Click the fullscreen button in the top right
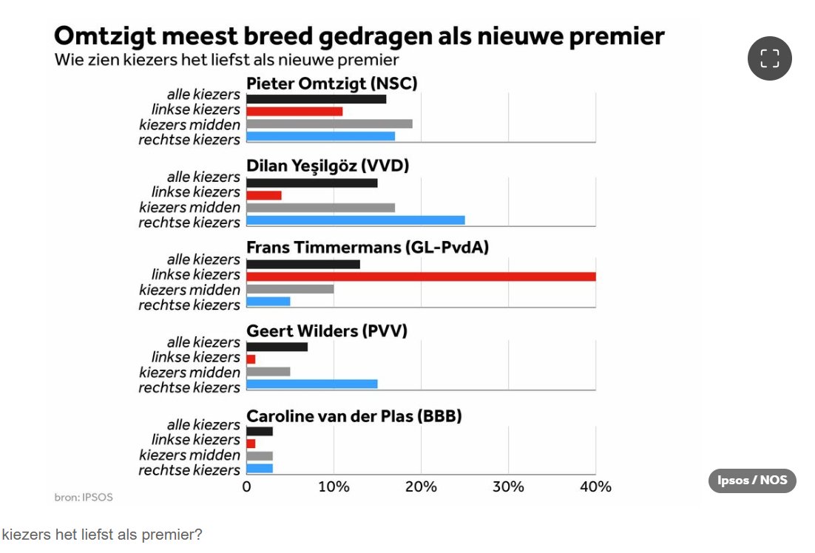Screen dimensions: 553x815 pos(769,58)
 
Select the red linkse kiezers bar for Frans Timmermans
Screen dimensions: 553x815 pos(421,276)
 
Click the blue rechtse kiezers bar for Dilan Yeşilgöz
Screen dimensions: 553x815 pos(355,220)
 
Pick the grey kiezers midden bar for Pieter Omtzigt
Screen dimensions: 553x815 pos(329,123)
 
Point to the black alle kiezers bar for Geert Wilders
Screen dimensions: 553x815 pos(277,347)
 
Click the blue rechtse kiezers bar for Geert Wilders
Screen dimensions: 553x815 pos(311,384)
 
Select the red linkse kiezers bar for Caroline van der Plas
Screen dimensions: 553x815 pos(251,444)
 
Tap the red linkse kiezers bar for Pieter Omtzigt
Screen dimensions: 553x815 pos(294,111)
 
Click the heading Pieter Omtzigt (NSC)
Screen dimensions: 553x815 pos(331,84)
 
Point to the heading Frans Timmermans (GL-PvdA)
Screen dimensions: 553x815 pos(368,248)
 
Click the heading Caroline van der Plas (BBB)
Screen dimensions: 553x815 pos(354,416)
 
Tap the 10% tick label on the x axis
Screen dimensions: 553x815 pos(334,486)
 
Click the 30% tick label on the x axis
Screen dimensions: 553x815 pos(508,486)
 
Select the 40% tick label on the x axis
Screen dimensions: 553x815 pos(595,486)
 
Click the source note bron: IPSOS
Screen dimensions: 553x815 pos(84,498)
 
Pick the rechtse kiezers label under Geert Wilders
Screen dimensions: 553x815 pos(189,387)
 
